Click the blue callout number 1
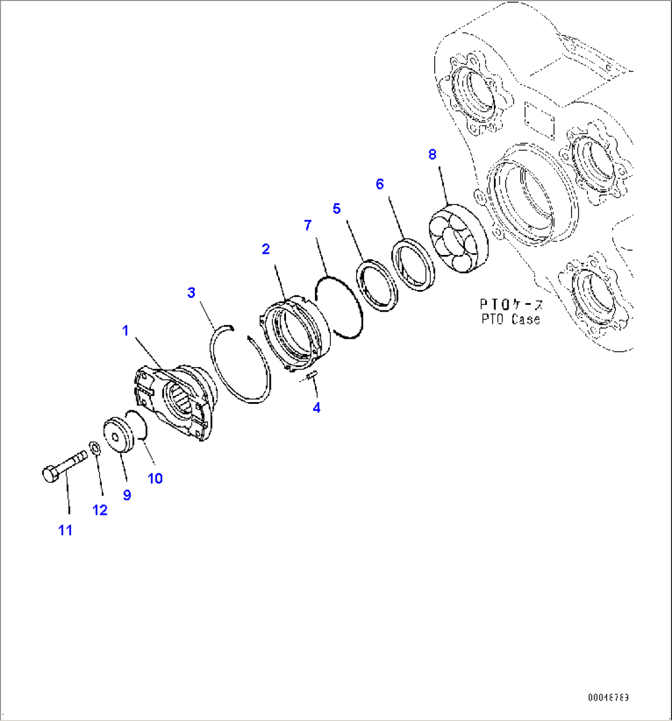(125, 331)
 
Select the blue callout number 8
(432, 155)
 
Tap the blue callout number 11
(65, 530)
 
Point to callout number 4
(317, 408)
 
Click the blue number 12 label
(100, 510)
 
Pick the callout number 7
(308, 225)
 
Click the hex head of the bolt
(50, 473)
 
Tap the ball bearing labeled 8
(459, 238)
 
